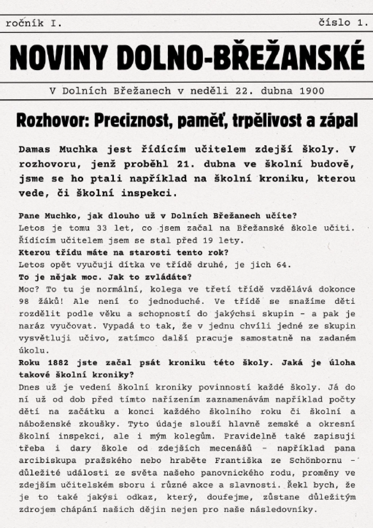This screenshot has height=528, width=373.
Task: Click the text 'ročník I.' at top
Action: [34, 23]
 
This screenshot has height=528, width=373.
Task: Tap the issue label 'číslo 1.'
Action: [343, 22]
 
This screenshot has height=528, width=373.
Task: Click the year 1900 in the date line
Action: [311, 91]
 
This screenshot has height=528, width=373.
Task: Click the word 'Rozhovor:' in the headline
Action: [53, 121]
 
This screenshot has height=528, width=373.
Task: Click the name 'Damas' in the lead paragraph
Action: [34, 149]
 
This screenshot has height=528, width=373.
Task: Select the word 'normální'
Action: [119, 289]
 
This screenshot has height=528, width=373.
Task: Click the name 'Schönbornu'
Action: [316, 460]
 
